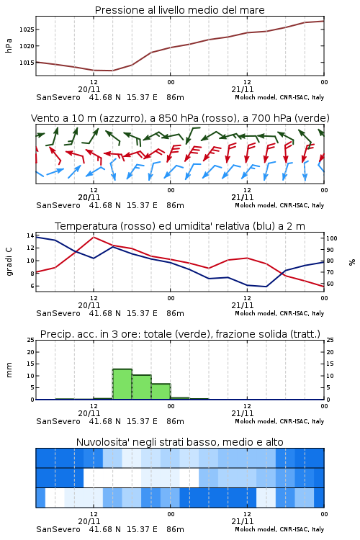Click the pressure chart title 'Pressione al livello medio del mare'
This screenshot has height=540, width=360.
click(x=179, y=10)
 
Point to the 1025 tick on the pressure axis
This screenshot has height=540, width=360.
click(x=27, y=30)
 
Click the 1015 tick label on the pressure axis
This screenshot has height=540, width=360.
click(x=27, y=63)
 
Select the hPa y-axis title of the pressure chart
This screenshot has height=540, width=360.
click(x=9, y=45)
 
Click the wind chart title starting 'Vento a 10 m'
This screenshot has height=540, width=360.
click(x=180, y=118)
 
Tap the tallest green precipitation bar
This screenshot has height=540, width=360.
click(x=122, y=384)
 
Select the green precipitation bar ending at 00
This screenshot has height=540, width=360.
click(x=161, y=392)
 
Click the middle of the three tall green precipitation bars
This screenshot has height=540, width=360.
click(x=142, y=387)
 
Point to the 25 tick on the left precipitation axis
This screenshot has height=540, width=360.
click(x=31, y=341)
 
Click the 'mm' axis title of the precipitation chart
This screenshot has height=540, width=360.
click(x=9, y=370)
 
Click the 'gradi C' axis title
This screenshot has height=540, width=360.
click(x=9, y=261)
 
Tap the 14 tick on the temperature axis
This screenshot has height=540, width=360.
click(x=30, y=235)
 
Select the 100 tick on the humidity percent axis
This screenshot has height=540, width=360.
click(x=332, y=238)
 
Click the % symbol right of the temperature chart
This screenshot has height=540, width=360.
click(x=352, y=262)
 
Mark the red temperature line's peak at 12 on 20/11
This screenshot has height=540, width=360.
click(x=94, y=237)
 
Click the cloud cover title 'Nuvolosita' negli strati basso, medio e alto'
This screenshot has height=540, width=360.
click(x=179, y=442)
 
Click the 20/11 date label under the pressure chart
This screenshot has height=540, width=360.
click(x=89, y=89)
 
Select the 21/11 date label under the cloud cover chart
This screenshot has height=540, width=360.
click(x=243, y=521)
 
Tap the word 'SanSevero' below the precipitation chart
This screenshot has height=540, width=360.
click(x=58, y=421)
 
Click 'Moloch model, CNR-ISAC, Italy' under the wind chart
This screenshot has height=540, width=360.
click(x=279, y=205)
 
